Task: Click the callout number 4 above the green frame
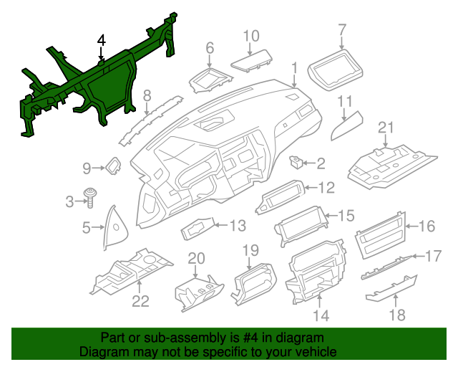[102, 41]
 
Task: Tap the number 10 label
[250, 35]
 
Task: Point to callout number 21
[386, 128]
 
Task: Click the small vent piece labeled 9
[113, 167]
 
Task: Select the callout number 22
[140, 301]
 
